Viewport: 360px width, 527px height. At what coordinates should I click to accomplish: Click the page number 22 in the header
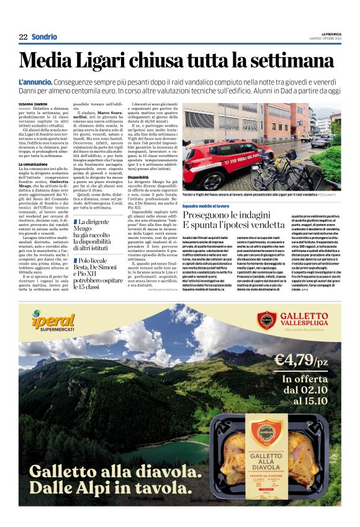tap(23, 37)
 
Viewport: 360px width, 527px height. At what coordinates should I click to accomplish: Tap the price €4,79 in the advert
tap(300, 360)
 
